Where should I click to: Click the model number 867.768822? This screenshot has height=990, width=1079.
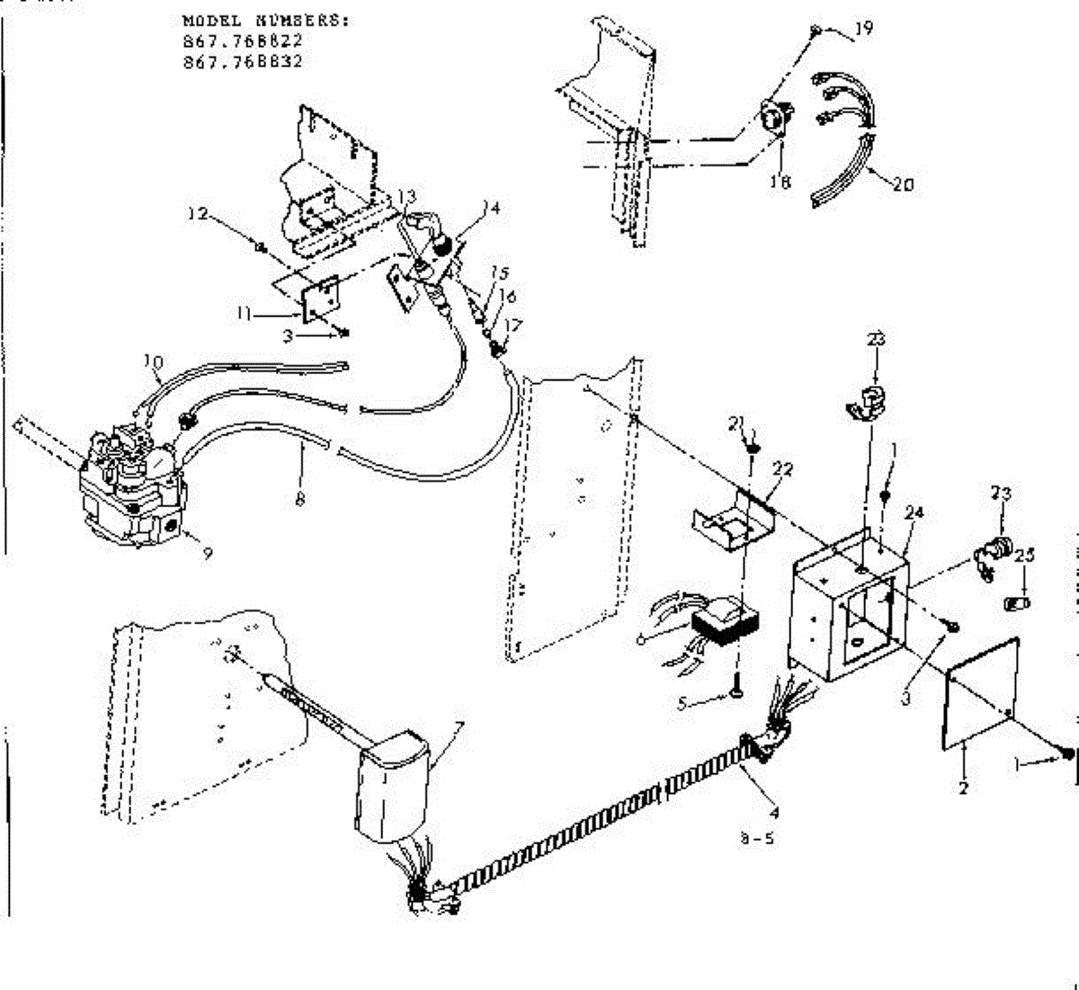click(242, 42)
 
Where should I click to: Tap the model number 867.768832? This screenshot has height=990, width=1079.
click(242, 62)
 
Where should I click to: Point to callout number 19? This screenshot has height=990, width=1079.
click(863, 29)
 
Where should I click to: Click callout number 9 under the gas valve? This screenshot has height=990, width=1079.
click(207, 555)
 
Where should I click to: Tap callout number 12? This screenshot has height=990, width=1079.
click(197, 214)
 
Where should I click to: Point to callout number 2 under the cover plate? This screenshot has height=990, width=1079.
click(963, 789)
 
